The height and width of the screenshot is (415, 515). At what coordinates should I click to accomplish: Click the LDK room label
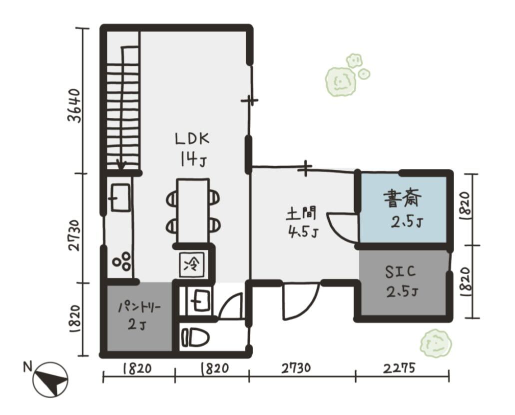pos(192,139)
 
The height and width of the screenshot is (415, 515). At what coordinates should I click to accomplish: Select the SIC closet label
pos(400,271)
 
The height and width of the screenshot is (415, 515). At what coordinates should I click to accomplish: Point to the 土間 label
pos(301,213)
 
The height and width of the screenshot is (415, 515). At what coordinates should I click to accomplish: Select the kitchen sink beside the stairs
pos(120,197)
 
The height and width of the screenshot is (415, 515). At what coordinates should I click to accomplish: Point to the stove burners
pos(121,261)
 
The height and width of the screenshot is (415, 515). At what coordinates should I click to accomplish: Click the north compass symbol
pos(50,379)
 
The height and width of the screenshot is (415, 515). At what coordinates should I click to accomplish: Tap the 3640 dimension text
pos(74,105)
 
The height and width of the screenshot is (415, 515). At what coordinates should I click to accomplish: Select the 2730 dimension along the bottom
pos(296,367)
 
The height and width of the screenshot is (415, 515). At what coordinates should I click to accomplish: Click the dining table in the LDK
pos(193,211)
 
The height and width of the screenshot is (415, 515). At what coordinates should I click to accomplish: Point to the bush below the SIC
pos(436,343)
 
